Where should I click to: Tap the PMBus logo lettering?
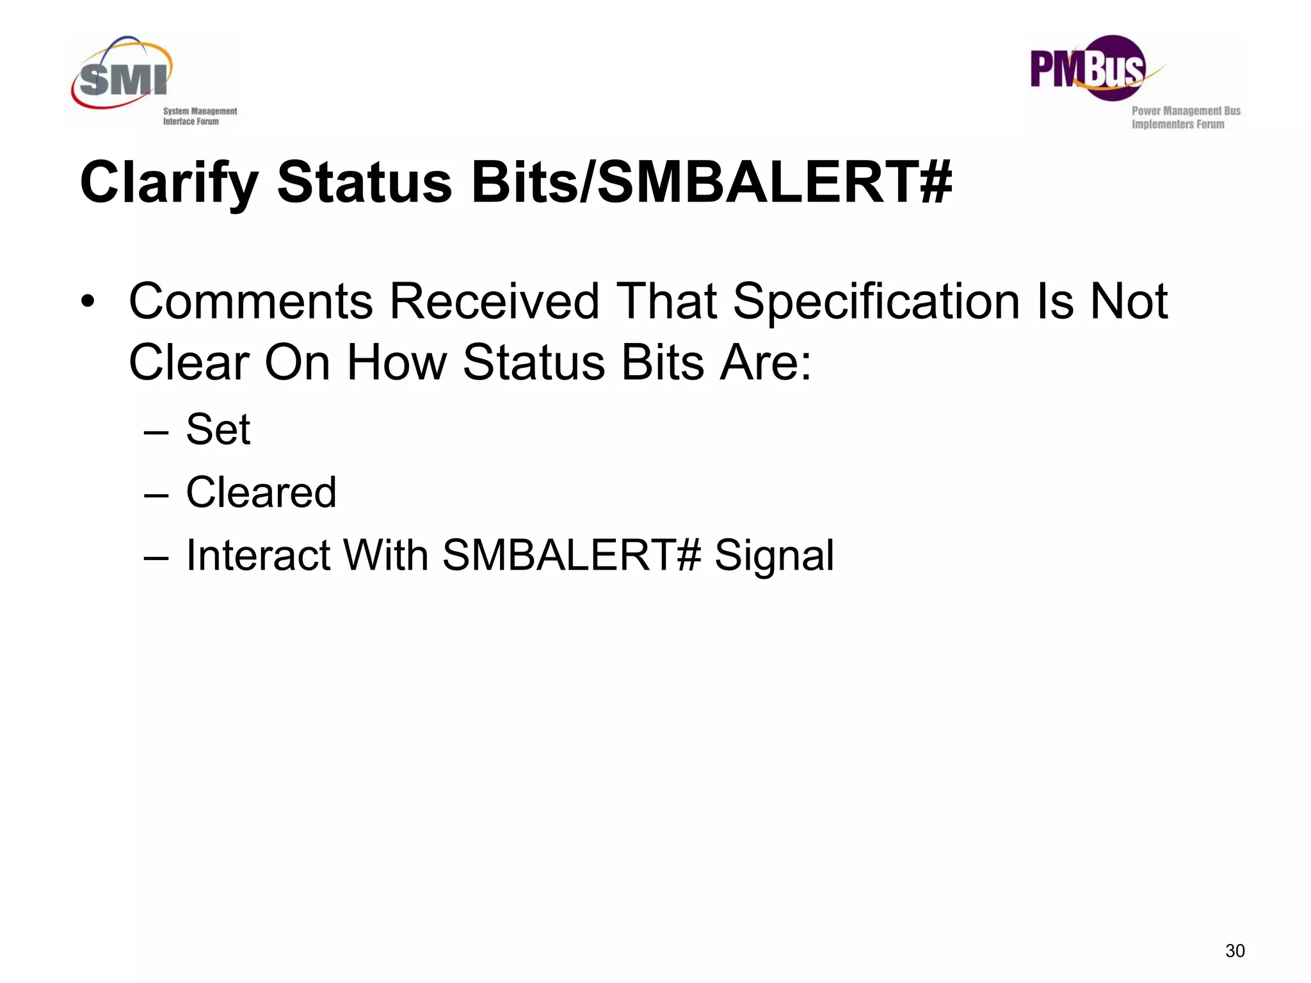coord(1086,69)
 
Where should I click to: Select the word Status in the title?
coord(364,183)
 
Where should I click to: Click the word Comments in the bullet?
coord(251,301)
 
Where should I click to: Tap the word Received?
coord(494,301)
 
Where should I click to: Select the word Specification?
coord(876,301)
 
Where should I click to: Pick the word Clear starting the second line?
coord(189,363)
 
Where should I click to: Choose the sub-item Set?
coord(218,429)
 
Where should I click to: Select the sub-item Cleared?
coord(261,492)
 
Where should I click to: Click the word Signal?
coord(774,555)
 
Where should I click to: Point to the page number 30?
coord(1235,951)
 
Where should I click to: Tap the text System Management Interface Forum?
coord(199,116)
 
